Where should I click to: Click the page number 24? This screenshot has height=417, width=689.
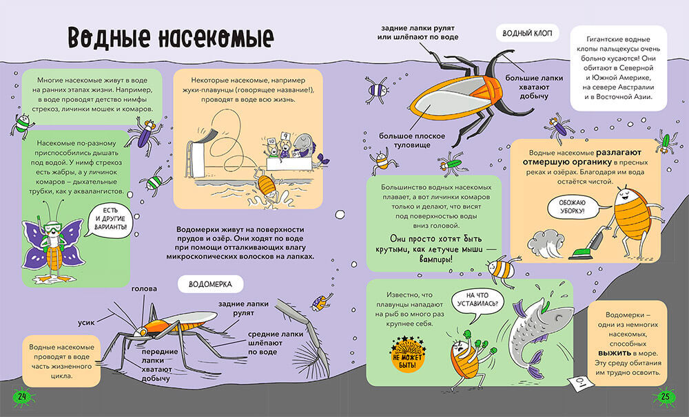click(x=23, y=398)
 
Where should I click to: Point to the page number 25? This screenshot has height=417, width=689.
click(x=666, y=398)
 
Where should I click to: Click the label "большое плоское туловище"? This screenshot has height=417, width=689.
click(x=405, y=140)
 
